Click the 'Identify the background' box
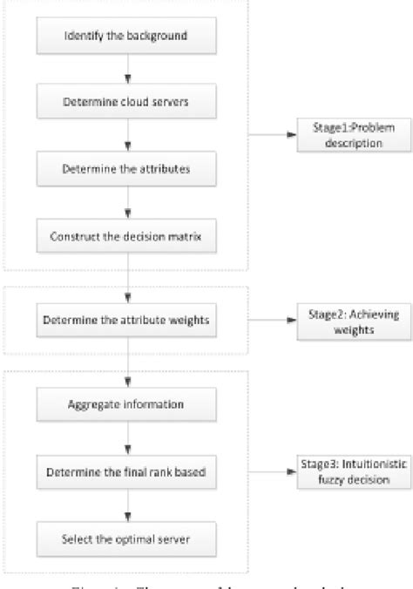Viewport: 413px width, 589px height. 128,37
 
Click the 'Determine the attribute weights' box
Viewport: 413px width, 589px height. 128,320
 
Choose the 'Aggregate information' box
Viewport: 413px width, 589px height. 128,404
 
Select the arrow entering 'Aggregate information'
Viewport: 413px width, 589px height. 129,370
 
